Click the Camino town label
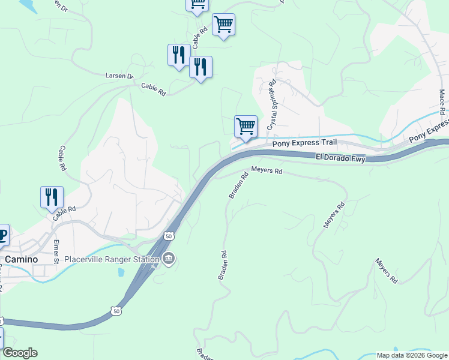click(22, 259)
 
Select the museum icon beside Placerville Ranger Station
click(169, 259)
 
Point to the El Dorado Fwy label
click(340, 158)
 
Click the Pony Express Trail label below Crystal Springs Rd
click(304, 143)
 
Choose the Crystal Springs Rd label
click(271, 106)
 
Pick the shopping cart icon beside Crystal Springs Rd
click(246, 127)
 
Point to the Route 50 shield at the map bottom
click(116, 310)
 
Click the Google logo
click(20, 353)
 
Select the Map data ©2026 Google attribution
click(412, 355)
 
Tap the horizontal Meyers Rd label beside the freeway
click(267, 170)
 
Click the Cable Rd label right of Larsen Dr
click(153, 89)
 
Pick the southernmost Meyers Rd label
click(386, 271)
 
